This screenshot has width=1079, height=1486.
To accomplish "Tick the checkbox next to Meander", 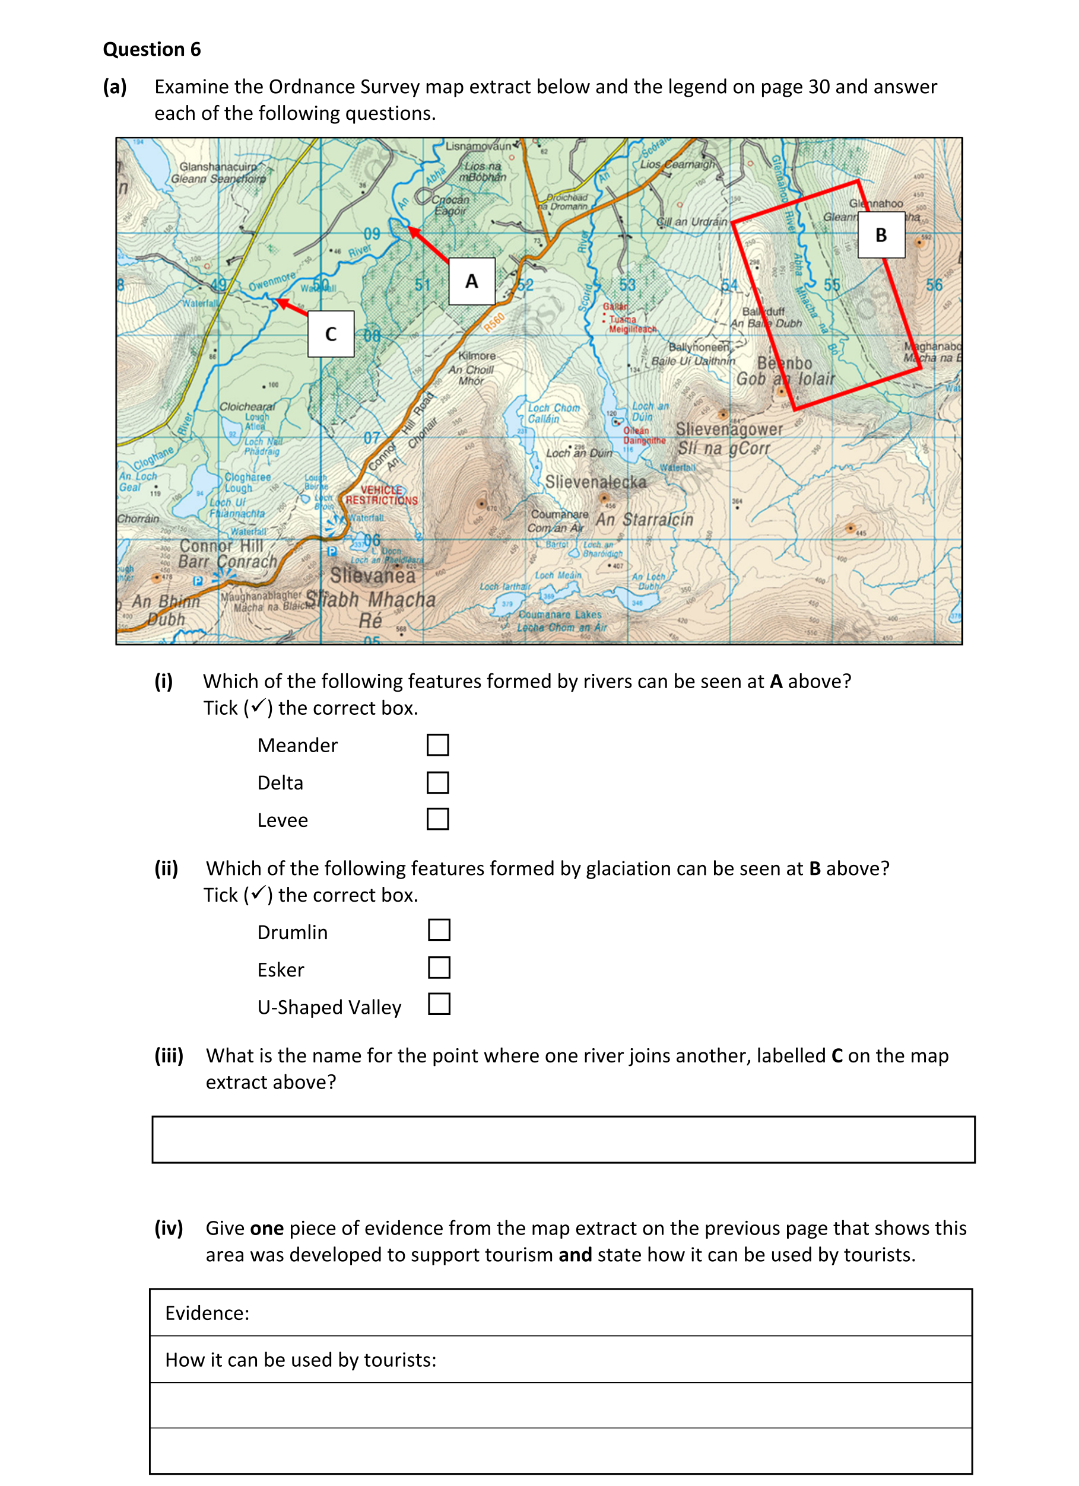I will (x=437, y=745).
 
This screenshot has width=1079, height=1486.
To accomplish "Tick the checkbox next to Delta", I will (x=437, y=782).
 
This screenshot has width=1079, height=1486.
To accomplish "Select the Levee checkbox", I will (x=437, y=819).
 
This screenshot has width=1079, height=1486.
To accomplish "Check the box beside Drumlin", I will (x=439, y=930).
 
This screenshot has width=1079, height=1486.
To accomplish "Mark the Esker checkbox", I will (x=439, y=967).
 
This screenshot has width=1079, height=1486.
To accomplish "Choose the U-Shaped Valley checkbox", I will (x=439, y=1004).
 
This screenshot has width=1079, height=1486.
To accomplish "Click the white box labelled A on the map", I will (x=471, y=281).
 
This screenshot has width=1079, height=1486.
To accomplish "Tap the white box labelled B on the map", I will (x=881, y=234).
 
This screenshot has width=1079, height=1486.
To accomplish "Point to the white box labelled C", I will (x=331, y=334).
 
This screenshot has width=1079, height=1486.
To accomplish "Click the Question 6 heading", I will (x=151, y=49).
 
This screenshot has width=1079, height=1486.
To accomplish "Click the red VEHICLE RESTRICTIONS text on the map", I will (x=382, y=495).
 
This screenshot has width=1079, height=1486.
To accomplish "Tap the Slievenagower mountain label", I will (x=729, y=429).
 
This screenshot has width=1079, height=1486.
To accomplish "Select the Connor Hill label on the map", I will (x=221, y=546).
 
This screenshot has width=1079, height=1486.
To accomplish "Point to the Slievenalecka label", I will (x=595, y=482).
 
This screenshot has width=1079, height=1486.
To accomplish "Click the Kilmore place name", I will (x=477, y=356).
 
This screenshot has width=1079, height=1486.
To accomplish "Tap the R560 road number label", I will (x=494, y=322).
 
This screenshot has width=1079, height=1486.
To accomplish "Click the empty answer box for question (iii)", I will (x=563, y=1140).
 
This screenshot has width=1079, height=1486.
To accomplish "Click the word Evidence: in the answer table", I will (x=207, y=1313).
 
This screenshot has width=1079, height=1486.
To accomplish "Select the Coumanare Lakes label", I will (x=560, y=615).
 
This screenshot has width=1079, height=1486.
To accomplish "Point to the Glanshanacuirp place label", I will (x=218, y=167).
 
